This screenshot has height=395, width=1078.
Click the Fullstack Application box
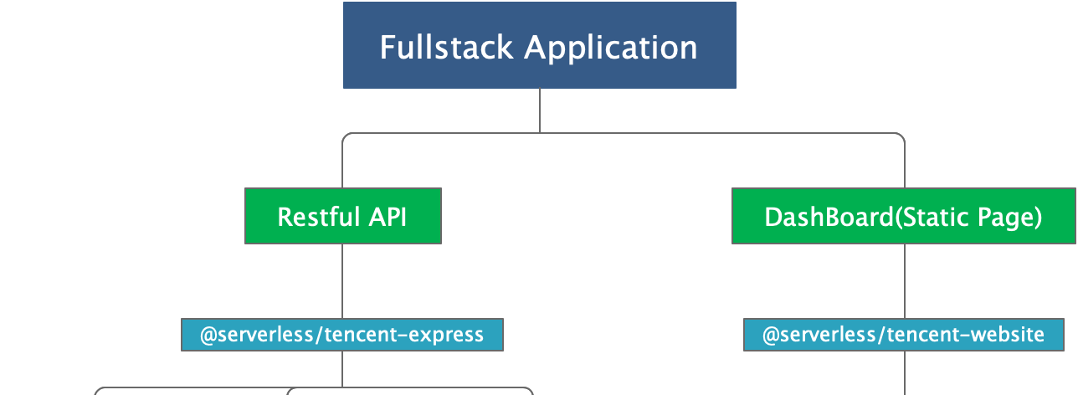[540, 45]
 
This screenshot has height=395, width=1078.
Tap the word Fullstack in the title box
[446, 47]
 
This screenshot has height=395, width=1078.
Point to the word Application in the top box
[611, 48]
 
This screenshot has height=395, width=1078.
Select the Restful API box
[343, 216]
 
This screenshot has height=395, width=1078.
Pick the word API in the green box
[388, 217]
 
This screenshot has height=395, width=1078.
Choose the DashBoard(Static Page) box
[904, 216]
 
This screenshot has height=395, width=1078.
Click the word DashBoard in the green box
[829, 217]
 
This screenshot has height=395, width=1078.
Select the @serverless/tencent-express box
[342, 335]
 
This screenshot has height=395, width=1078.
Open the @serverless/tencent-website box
[904, 335]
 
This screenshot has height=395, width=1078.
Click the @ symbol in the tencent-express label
[208, 335]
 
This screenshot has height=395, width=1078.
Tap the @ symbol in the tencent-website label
[771, 335]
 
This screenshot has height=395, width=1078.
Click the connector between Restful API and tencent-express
[342, 281]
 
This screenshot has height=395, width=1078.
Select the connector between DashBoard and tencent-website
[905, 281]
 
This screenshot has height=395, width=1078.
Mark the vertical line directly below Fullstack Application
[540, 110]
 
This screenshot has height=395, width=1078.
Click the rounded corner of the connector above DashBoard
[901, 136]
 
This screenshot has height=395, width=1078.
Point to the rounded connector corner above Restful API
[346, 136]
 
